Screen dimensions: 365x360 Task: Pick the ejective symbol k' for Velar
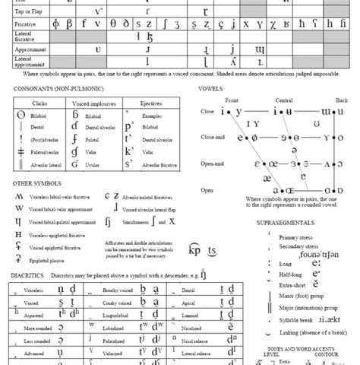click(x=130, y=151)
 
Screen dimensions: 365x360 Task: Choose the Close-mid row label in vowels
click(x=213, y=138)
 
